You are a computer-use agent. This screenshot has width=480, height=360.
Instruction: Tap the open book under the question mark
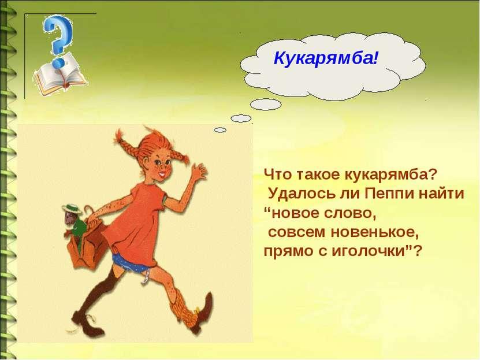(x=60, y=75)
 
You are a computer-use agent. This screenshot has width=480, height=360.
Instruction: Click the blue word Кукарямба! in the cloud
(x=326, y=59)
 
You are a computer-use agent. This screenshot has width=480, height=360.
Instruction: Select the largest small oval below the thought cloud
(x=265, y=105)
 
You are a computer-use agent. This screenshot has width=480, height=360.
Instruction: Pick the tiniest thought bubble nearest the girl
(x=220, y=130)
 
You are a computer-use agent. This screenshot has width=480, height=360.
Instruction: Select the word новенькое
(x=375, y=232)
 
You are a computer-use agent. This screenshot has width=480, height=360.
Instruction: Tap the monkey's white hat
(x=72, y=208)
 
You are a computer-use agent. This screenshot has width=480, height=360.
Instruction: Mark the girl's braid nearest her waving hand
(x=181, y=155)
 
